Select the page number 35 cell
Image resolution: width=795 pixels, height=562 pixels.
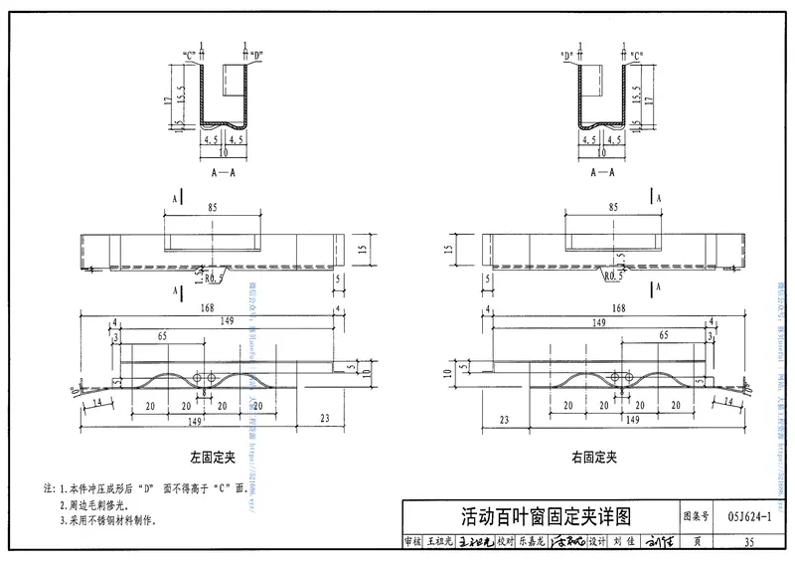[x=748, y=542]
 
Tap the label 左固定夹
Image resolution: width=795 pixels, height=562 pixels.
[x=211, y=459]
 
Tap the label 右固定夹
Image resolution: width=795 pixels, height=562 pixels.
[x=595, y=459]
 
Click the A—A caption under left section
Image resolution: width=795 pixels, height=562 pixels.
[x=224, y=171]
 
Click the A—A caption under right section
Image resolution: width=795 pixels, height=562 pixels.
[x=602, y=171]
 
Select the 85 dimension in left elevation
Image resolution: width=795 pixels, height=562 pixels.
[x=212, y=208]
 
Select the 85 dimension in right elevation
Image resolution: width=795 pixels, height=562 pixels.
[x=612, y=208]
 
